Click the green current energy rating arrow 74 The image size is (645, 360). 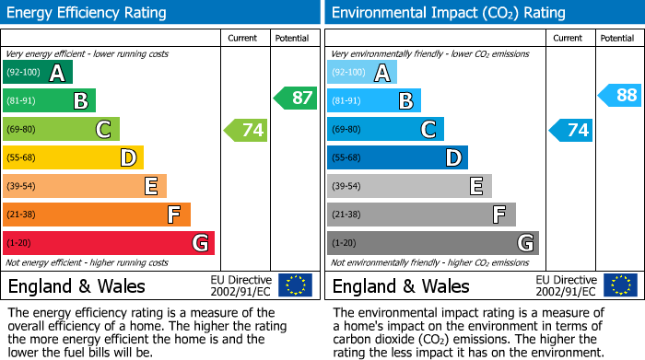coord(246,130)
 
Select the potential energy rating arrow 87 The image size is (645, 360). coord(296,99)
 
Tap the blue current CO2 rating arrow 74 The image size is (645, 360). coord(571,130)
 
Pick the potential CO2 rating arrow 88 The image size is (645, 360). coord(620,95)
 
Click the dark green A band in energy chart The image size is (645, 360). coord(38,73)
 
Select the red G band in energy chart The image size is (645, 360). coord(109,243)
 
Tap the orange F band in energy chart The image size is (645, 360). coord(97,215)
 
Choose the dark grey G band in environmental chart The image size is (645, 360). coord(433,243)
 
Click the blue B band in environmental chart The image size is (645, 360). coord(374,101)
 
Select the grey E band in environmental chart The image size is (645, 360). coord(409,187)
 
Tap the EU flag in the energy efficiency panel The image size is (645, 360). coord(295,285)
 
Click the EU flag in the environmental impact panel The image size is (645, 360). coord(621,285)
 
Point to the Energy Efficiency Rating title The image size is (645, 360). coord(88,13)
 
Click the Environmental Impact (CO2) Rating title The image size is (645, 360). coord(448,13)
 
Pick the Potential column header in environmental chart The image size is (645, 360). coord(617,38)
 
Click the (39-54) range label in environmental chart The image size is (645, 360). coord(349,187)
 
